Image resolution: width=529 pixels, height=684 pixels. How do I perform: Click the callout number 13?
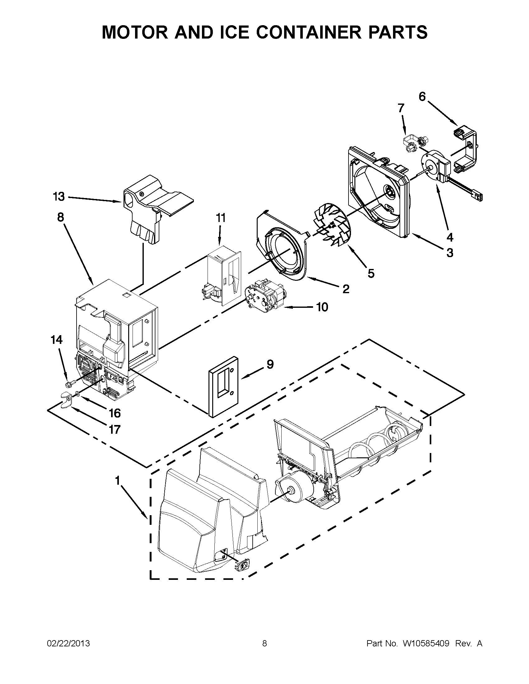tap(59, 197)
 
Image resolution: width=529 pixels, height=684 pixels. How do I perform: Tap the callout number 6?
tap(422, 97)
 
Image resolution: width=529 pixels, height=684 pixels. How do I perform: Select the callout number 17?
tap(115, 429)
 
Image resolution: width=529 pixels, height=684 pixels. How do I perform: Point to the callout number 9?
tap(270, 364)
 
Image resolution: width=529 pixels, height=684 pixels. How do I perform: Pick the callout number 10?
tap(322, 307)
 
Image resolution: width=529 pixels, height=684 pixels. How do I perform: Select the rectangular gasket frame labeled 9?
tap(223, 387)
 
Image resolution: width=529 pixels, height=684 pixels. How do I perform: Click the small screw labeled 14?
tap(71, 383)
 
